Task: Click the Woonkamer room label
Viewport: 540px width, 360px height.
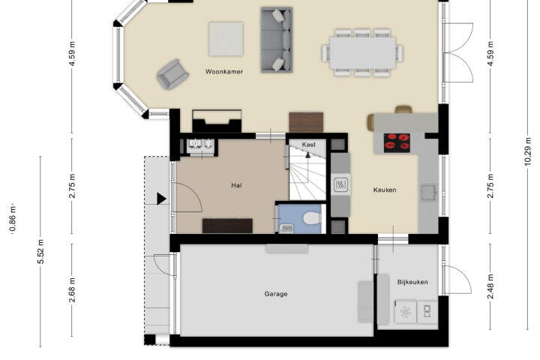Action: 224,72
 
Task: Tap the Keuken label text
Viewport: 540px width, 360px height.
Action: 385,190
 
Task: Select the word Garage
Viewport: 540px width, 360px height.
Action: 276,294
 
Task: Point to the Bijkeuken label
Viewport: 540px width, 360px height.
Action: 412,282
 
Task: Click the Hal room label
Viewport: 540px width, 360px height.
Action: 236,185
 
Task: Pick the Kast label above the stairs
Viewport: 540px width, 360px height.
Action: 308,145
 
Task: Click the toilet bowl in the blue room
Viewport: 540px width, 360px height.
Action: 313,218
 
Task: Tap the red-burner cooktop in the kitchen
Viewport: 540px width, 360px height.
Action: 397,142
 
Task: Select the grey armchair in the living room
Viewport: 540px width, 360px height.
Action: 172,74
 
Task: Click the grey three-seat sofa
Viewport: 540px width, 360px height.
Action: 277,40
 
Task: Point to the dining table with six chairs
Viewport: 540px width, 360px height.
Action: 363,52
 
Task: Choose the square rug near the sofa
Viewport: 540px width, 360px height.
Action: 226,39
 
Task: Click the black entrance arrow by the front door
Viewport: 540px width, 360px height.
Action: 161,199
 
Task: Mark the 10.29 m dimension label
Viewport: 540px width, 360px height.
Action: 528,151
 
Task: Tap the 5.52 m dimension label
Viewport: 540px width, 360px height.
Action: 41,251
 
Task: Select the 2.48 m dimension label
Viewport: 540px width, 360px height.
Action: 490,286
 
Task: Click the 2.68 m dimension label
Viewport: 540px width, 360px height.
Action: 72,290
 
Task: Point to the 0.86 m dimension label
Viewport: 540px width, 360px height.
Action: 13,218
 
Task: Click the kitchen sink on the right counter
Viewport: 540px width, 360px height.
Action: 429,193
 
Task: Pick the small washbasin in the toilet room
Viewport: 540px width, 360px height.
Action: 286,229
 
